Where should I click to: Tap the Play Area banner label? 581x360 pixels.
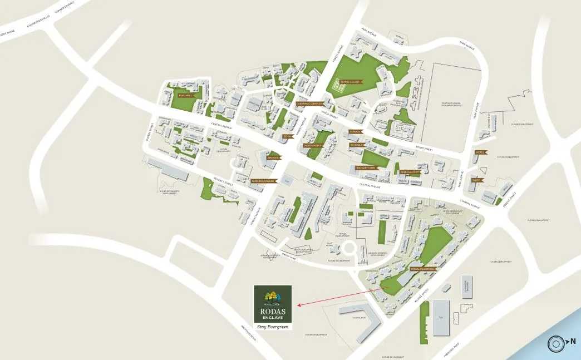185,95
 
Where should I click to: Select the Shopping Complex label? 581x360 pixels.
310,103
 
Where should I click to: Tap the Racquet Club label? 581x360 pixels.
366,167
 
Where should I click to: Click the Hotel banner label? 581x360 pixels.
480,152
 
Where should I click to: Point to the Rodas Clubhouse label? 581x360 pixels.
422,269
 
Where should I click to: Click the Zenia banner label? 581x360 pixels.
288,136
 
